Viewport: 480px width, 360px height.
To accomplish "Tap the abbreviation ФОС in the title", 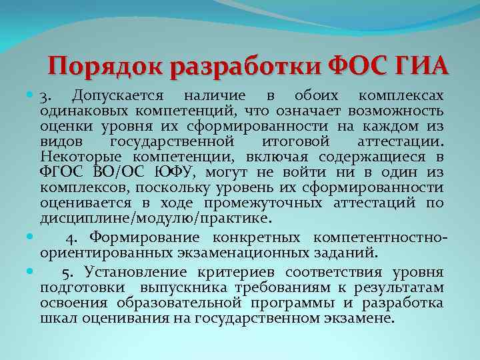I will click(361, 66).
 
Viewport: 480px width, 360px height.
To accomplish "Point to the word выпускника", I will click(179, 287).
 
